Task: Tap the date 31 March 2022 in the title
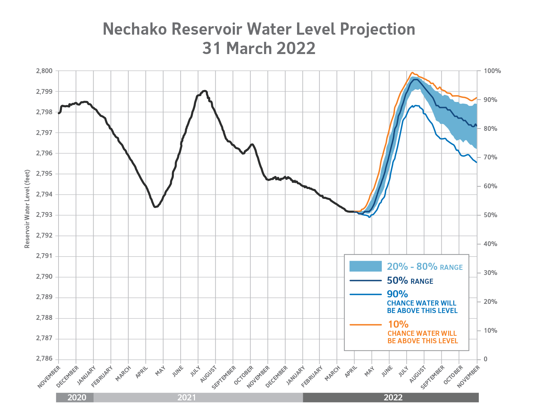pos(259,48)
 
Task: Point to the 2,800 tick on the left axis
pos(45,71)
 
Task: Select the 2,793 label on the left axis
pos(45,215)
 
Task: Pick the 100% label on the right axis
pos(492,71)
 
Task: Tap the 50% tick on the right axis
pos(490,215)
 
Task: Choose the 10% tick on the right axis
pos(490,330)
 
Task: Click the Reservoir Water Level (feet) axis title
pos(27,209)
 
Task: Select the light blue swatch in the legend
pos(365,266)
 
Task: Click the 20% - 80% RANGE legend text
pos(425,267)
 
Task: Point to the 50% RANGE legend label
pos(410,281)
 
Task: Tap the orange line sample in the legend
pos(365,325)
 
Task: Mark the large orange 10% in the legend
pos(398,324)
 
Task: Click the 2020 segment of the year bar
pos(76,397)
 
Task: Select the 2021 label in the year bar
pos(186,397)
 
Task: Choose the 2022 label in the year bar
pos(393,397)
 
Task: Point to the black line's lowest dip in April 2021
pos(155,207)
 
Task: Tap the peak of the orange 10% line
pos(412,72)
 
